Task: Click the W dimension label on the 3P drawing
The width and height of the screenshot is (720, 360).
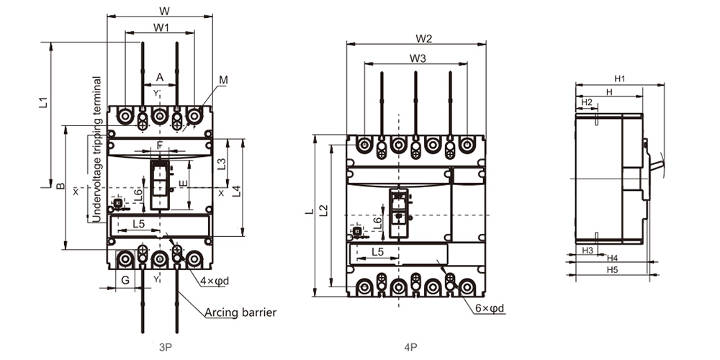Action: click(163, 11)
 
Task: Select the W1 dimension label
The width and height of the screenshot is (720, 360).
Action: click(161, 27)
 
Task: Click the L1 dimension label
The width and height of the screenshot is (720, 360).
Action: click(42, 102)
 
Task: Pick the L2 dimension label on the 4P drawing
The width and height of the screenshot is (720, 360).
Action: click(324, 210)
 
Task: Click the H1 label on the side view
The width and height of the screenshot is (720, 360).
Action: click(618, 78)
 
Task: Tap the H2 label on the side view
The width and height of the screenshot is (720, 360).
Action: click(586, 102)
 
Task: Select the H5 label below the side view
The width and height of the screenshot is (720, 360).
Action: click(612, 270)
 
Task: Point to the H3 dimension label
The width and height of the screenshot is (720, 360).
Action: click(588, 251)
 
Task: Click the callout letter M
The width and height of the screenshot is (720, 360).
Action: click(224, 80)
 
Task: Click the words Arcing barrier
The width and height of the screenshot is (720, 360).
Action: click(240, 312)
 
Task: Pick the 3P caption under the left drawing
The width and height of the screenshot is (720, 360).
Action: click(165, 346)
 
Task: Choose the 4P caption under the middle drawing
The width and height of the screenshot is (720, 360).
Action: click(411, 346)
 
